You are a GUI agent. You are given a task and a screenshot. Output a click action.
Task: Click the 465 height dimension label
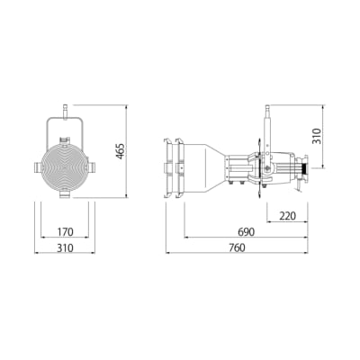(120, 151)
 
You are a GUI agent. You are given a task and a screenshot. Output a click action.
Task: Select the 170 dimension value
(65, 232)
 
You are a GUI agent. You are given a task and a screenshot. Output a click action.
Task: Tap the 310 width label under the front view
(65, 247)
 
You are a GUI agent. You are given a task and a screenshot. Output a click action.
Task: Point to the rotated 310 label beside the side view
(317, 136)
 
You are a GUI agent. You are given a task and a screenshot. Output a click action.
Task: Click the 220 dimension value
(287, 216)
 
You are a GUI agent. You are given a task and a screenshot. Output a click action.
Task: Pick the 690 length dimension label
(246, 232)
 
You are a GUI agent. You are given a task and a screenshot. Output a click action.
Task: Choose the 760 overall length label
(237, 247)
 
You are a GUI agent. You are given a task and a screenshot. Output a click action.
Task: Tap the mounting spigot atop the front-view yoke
(65, 112)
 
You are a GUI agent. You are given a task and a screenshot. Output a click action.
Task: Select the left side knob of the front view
(38, 167)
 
